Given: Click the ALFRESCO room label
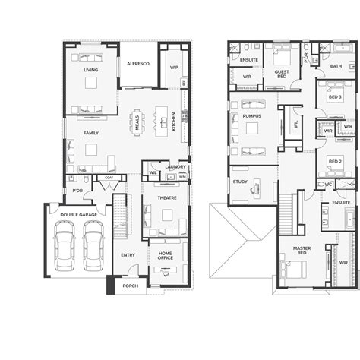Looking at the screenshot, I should pos(137,64).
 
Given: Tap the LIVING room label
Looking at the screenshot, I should pos(91,70).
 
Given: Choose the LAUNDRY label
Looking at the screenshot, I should pos(175,166).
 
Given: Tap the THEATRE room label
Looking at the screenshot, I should pos(167,197).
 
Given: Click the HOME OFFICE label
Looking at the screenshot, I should pos(165,255).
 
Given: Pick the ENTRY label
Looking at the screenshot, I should pos(128,255).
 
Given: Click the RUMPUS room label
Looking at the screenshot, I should pos(252,115).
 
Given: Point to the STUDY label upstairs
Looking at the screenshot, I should pos(241,182).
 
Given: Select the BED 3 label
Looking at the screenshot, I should pos(335,97).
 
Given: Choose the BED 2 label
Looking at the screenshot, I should pos(335,162).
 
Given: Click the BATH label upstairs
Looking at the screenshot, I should pos(336,66).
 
